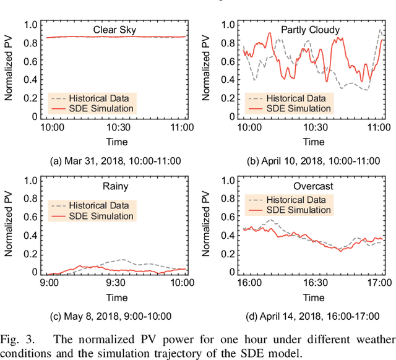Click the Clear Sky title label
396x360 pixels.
click(x=114, y=29)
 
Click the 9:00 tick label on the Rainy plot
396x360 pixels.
click(x=49, y=284)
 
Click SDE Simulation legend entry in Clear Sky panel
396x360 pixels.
click(x=92, y=108)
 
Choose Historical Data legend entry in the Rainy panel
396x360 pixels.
click(x=97, y=204)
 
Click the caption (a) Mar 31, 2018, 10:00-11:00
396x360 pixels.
click(x=115, y=160)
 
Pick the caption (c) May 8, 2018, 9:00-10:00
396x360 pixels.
click(x=115, y=317)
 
